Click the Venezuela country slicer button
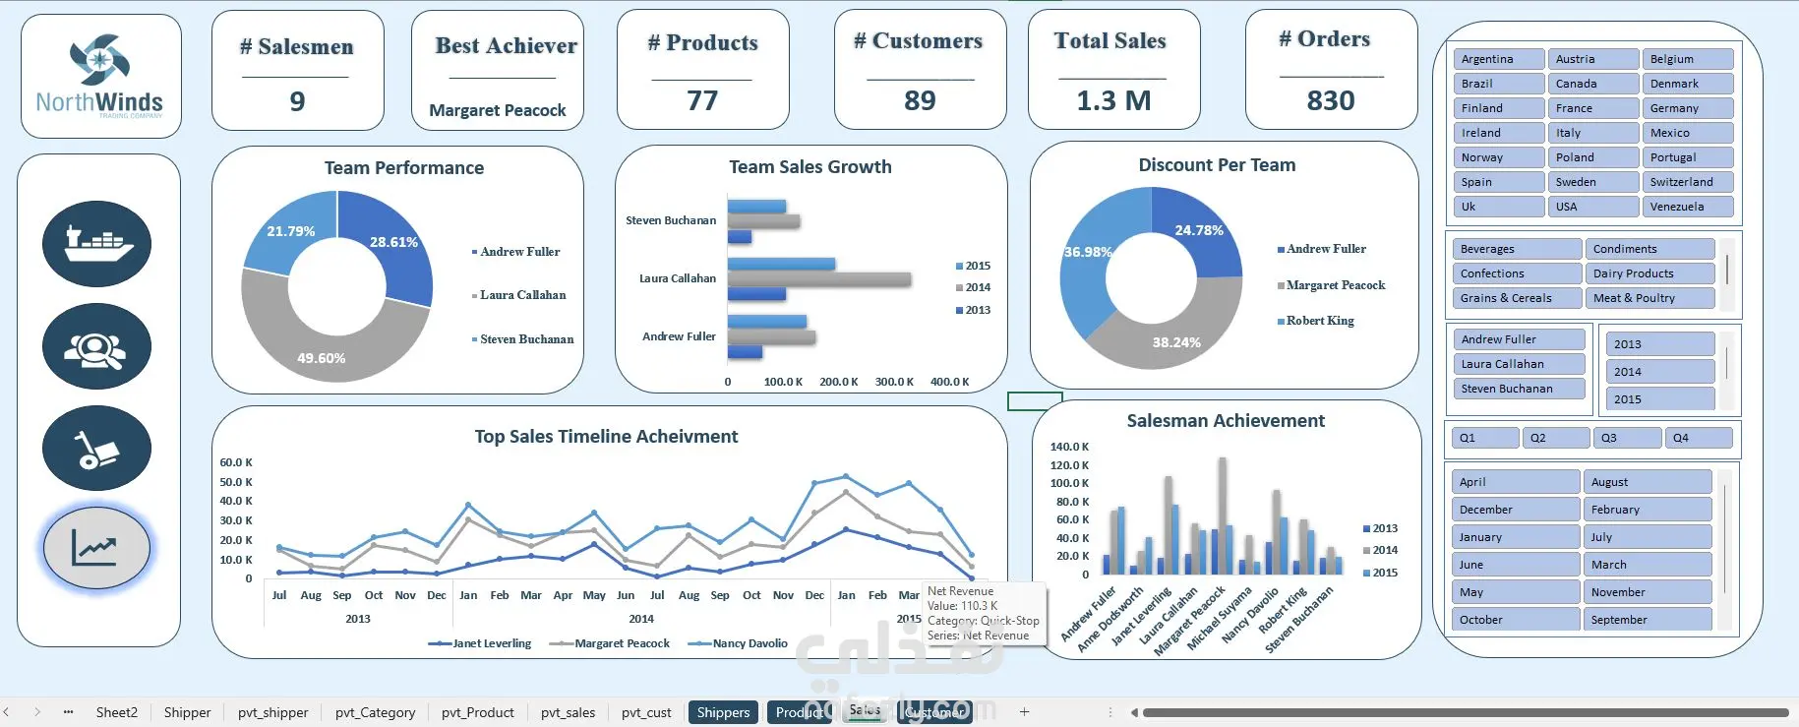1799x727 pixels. [1686, 207]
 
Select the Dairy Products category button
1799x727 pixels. [1649, 273]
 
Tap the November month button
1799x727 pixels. [1647, 592]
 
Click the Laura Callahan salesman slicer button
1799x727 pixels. [1518, 364]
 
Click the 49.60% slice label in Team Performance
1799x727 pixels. [321, 358]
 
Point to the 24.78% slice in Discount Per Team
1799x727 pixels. [1199, 230]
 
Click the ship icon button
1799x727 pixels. [96, 243]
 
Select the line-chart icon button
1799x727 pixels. [96, 548]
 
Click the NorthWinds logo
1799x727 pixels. [100, 77]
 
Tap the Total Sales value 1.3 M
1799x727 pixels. [1113, 100]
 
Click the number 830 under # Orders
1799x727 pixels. [1331, 100]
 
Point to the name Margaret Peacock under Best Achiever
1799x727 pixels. [498, 110]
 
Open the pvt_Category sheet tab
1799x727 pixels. [375, 712]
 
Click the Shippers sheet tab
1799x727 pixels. [723, 712]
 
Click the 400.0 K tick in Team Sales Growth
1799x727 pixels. [950, 382]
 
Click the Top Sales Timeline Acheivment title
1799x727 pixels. [606, 437]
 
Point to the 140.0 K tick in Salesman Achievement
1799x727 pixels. [1069, 447]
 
